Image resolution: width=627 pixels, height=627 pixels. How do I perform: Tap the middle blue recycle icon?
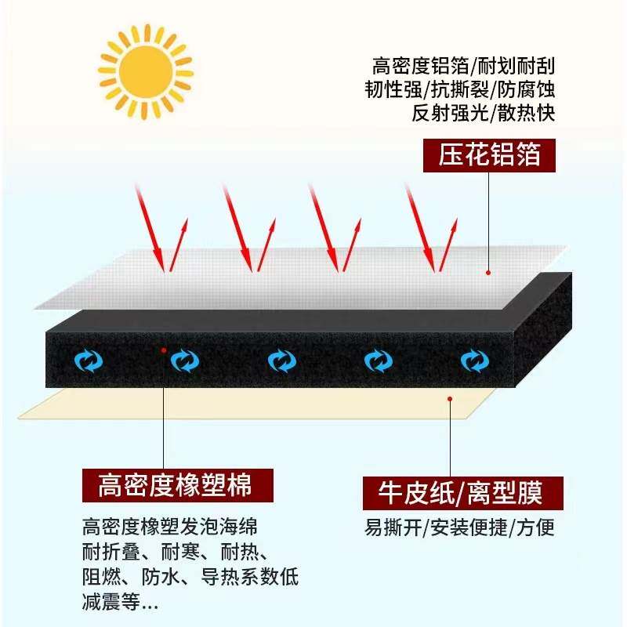[x=281, y=361]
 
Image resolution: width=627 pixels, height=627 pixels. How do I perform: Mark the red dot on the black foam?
[x=164, y=350]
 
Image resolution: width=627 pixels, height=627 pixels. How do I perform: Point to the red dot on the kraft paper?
[x=449, y=398]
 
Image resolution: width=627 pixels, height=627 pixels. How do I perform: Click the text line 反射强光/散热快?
[x=483, y=113]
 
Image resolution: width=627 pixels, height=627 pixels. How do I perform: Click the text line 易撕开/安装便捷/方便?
[x=460, y=527]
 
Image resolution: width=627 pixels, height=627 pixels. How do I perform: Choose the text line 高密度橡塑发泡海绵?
[x=169, y=525]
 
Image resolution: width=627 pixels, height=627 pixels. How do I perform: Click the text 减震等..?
[x=118, y=603]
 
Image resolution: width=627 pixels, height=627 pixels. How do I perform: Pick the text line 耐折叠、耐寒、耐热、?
[x=177, y=551]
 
